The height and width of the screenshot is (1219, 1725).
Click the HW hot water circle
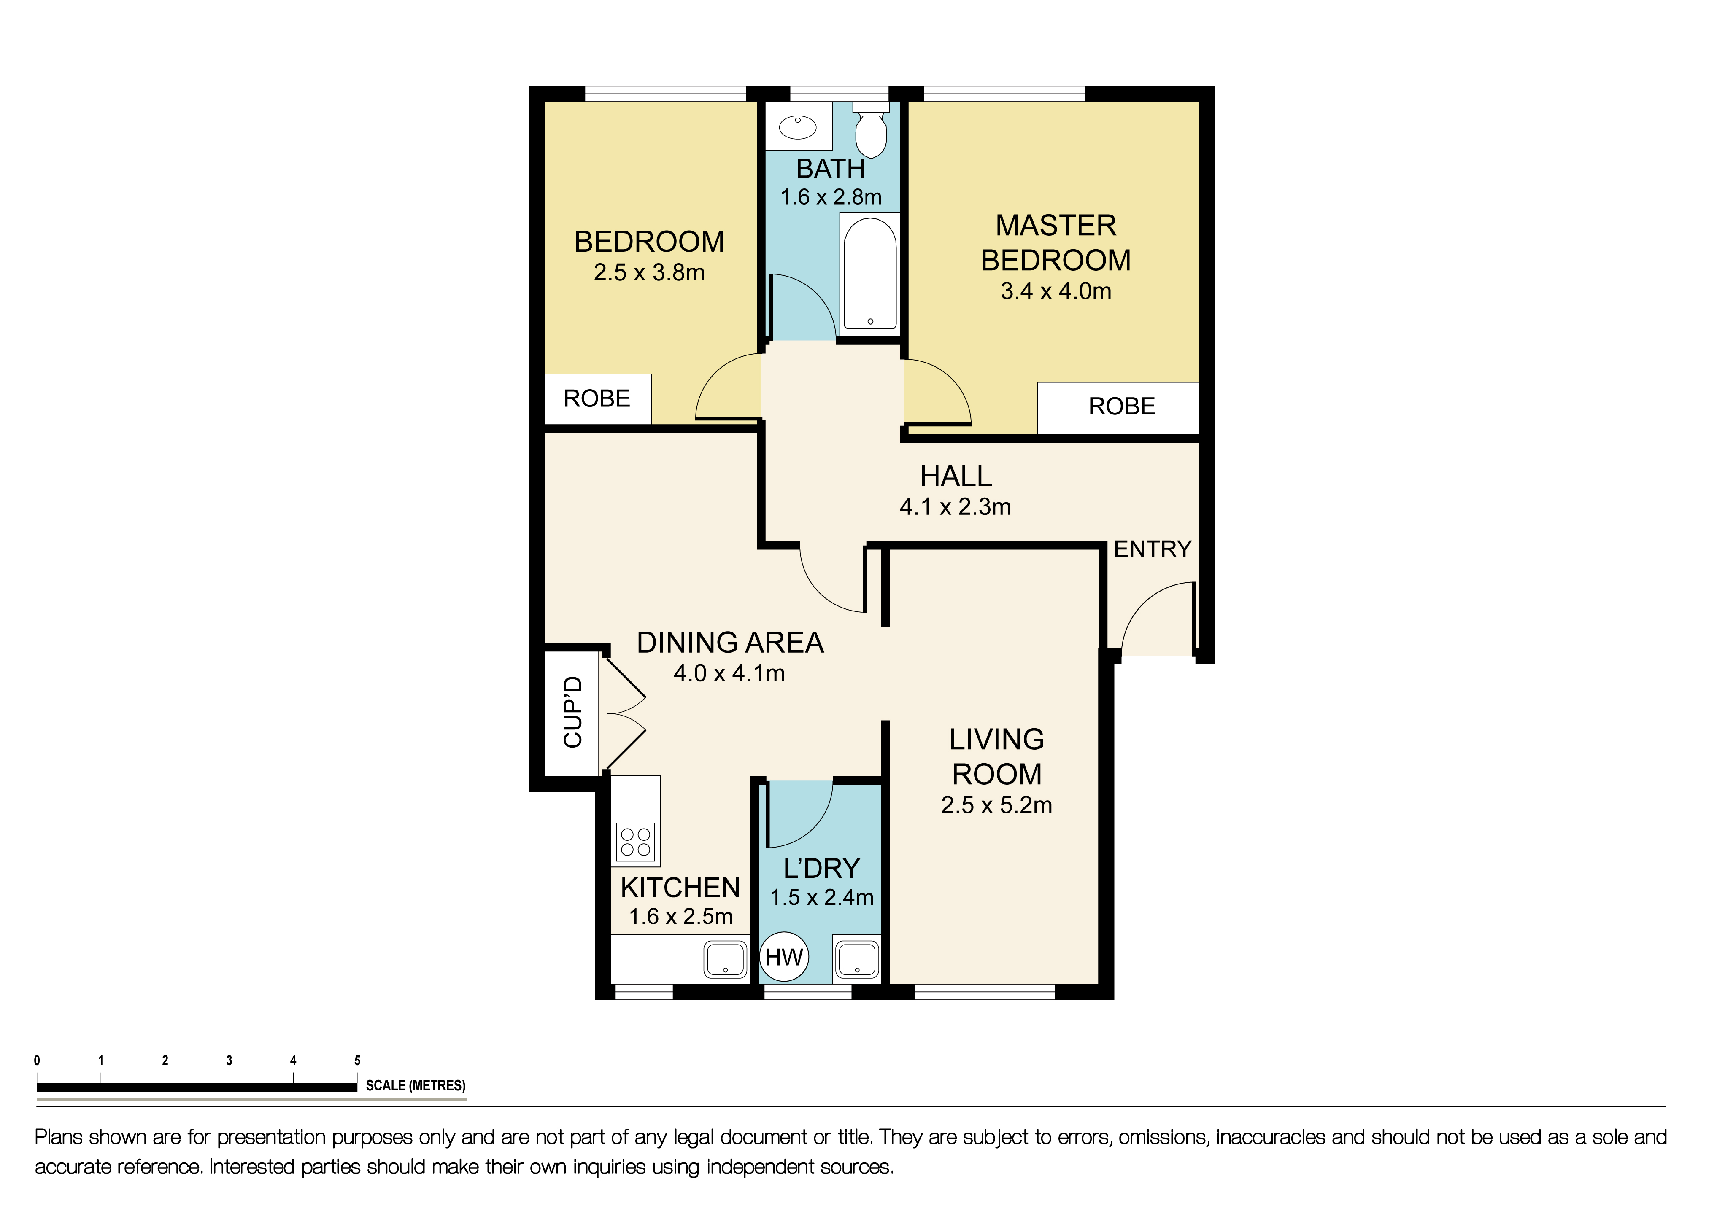784,956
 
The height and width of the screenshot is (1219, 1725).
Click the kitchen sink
725,960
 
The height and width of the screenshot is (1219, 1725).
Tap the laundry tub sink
856,959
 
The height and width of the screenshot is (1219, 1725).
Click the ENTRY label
1153,549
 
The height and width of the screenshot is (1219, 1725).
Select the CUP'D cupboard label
572,712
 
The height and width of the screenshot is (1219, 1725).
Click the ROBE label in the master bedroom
1122,406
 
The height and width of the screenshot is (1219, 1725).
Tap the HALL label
956,476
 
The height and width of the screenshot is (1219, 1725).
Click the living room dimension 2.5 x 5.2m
996,805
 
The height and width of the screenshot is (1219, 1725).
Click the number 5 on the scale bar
358,1060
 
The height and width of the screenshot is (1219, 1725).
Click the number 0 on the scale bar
37,1060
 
